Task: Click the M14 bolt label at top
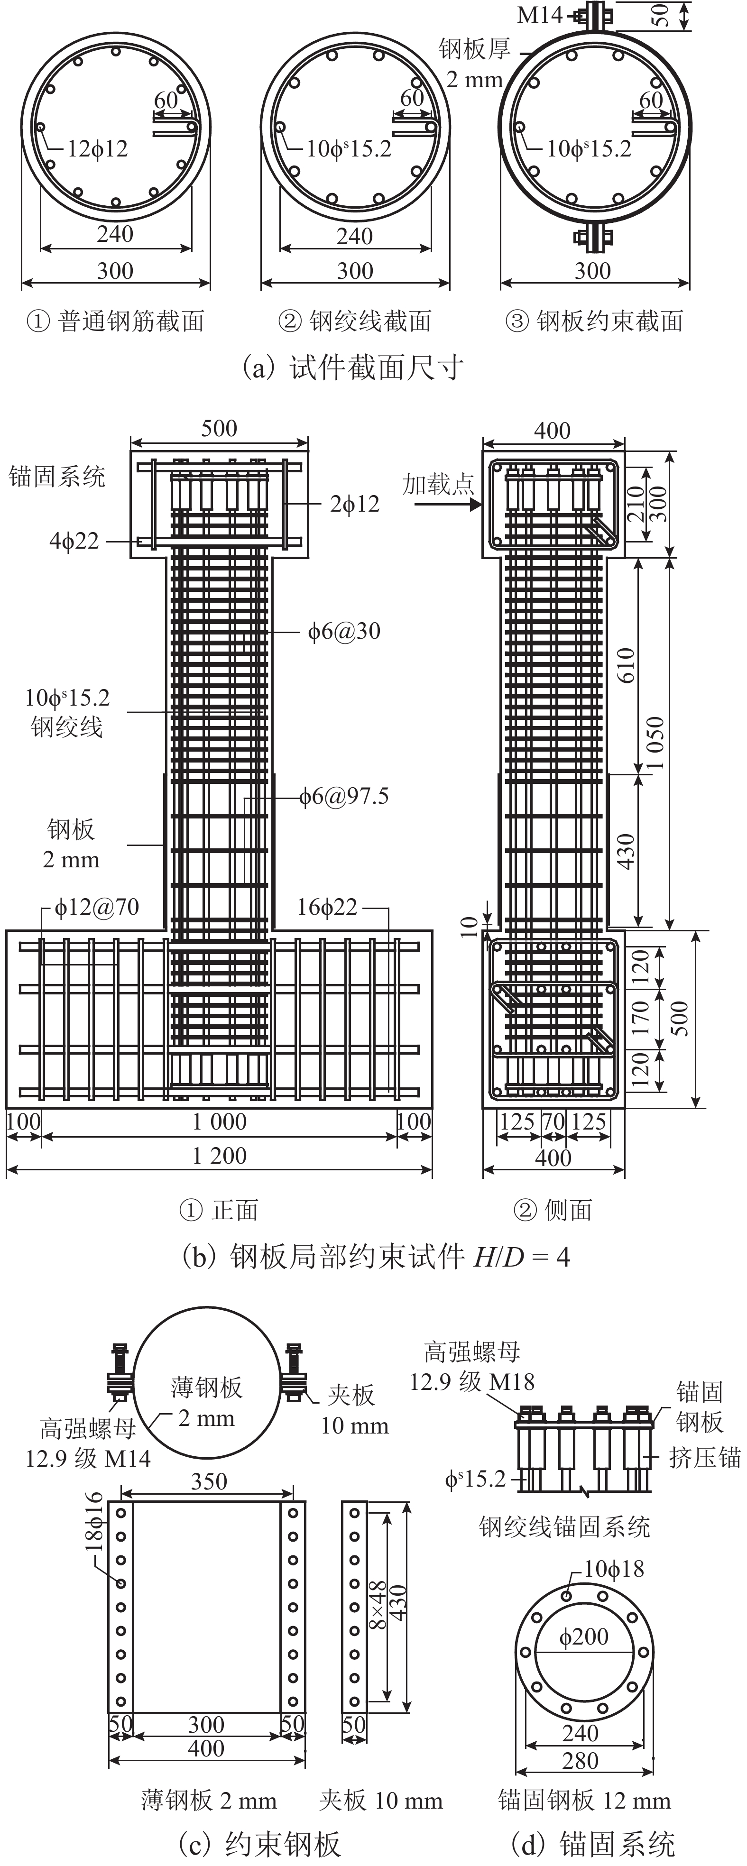pos(540,15)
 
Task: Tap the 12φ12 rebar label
pos(97,149)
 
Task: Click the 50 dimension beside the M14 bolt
pos(660,15)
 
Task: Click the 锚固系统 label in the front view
pos(56,477)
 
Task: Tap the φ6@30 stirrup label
pos(344,631)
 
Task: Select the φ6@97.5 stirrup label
pos(344,797)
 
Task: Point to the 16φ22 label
pos(327,907)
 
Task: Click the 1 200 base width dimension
pos(219,1155)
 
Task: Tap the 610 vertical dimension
pos(626,665)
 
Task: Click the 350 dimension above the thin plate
pos(209,1481)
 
